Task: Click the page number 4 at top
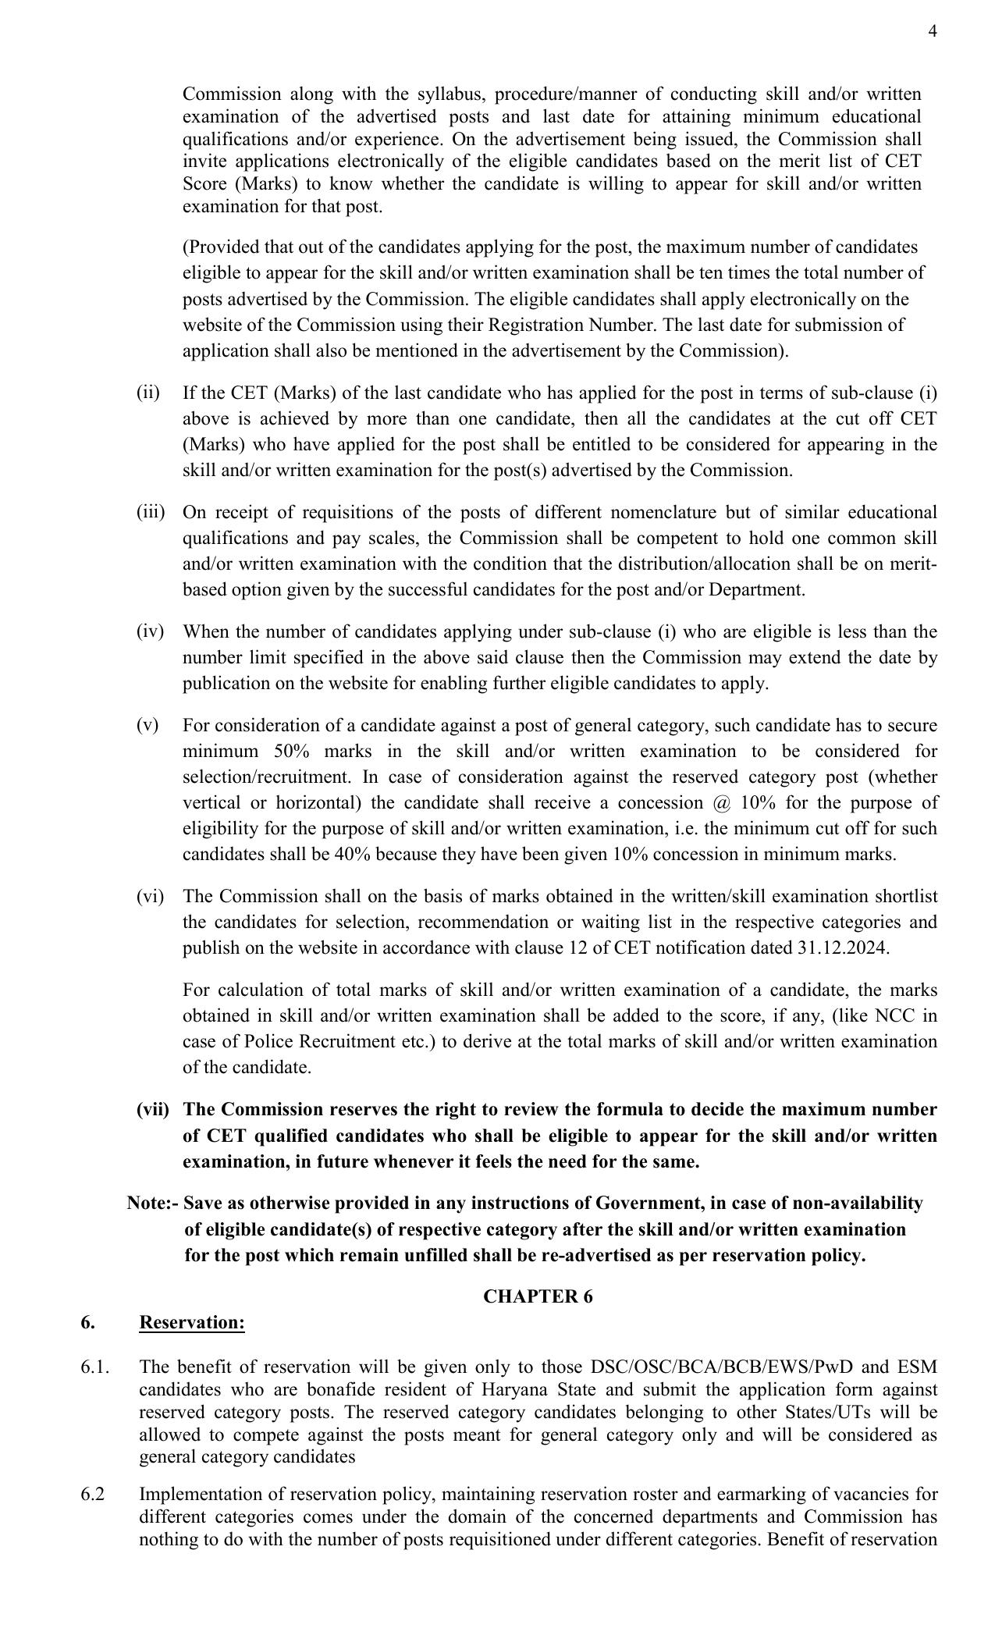pos(933,31)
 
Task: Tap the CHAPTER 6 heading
pos(538,1296)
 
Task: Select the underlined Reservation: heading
pos(192,1323)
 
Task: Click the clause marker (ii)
pos(147,393)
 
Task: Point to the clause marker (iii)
pos(151,512)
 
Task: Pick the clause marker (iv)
pos(150,631)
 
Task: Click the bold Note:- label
pos(153,1203)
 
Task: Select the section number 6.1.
pos(94,1367)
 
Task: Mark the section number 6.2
pos(92,1494)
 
